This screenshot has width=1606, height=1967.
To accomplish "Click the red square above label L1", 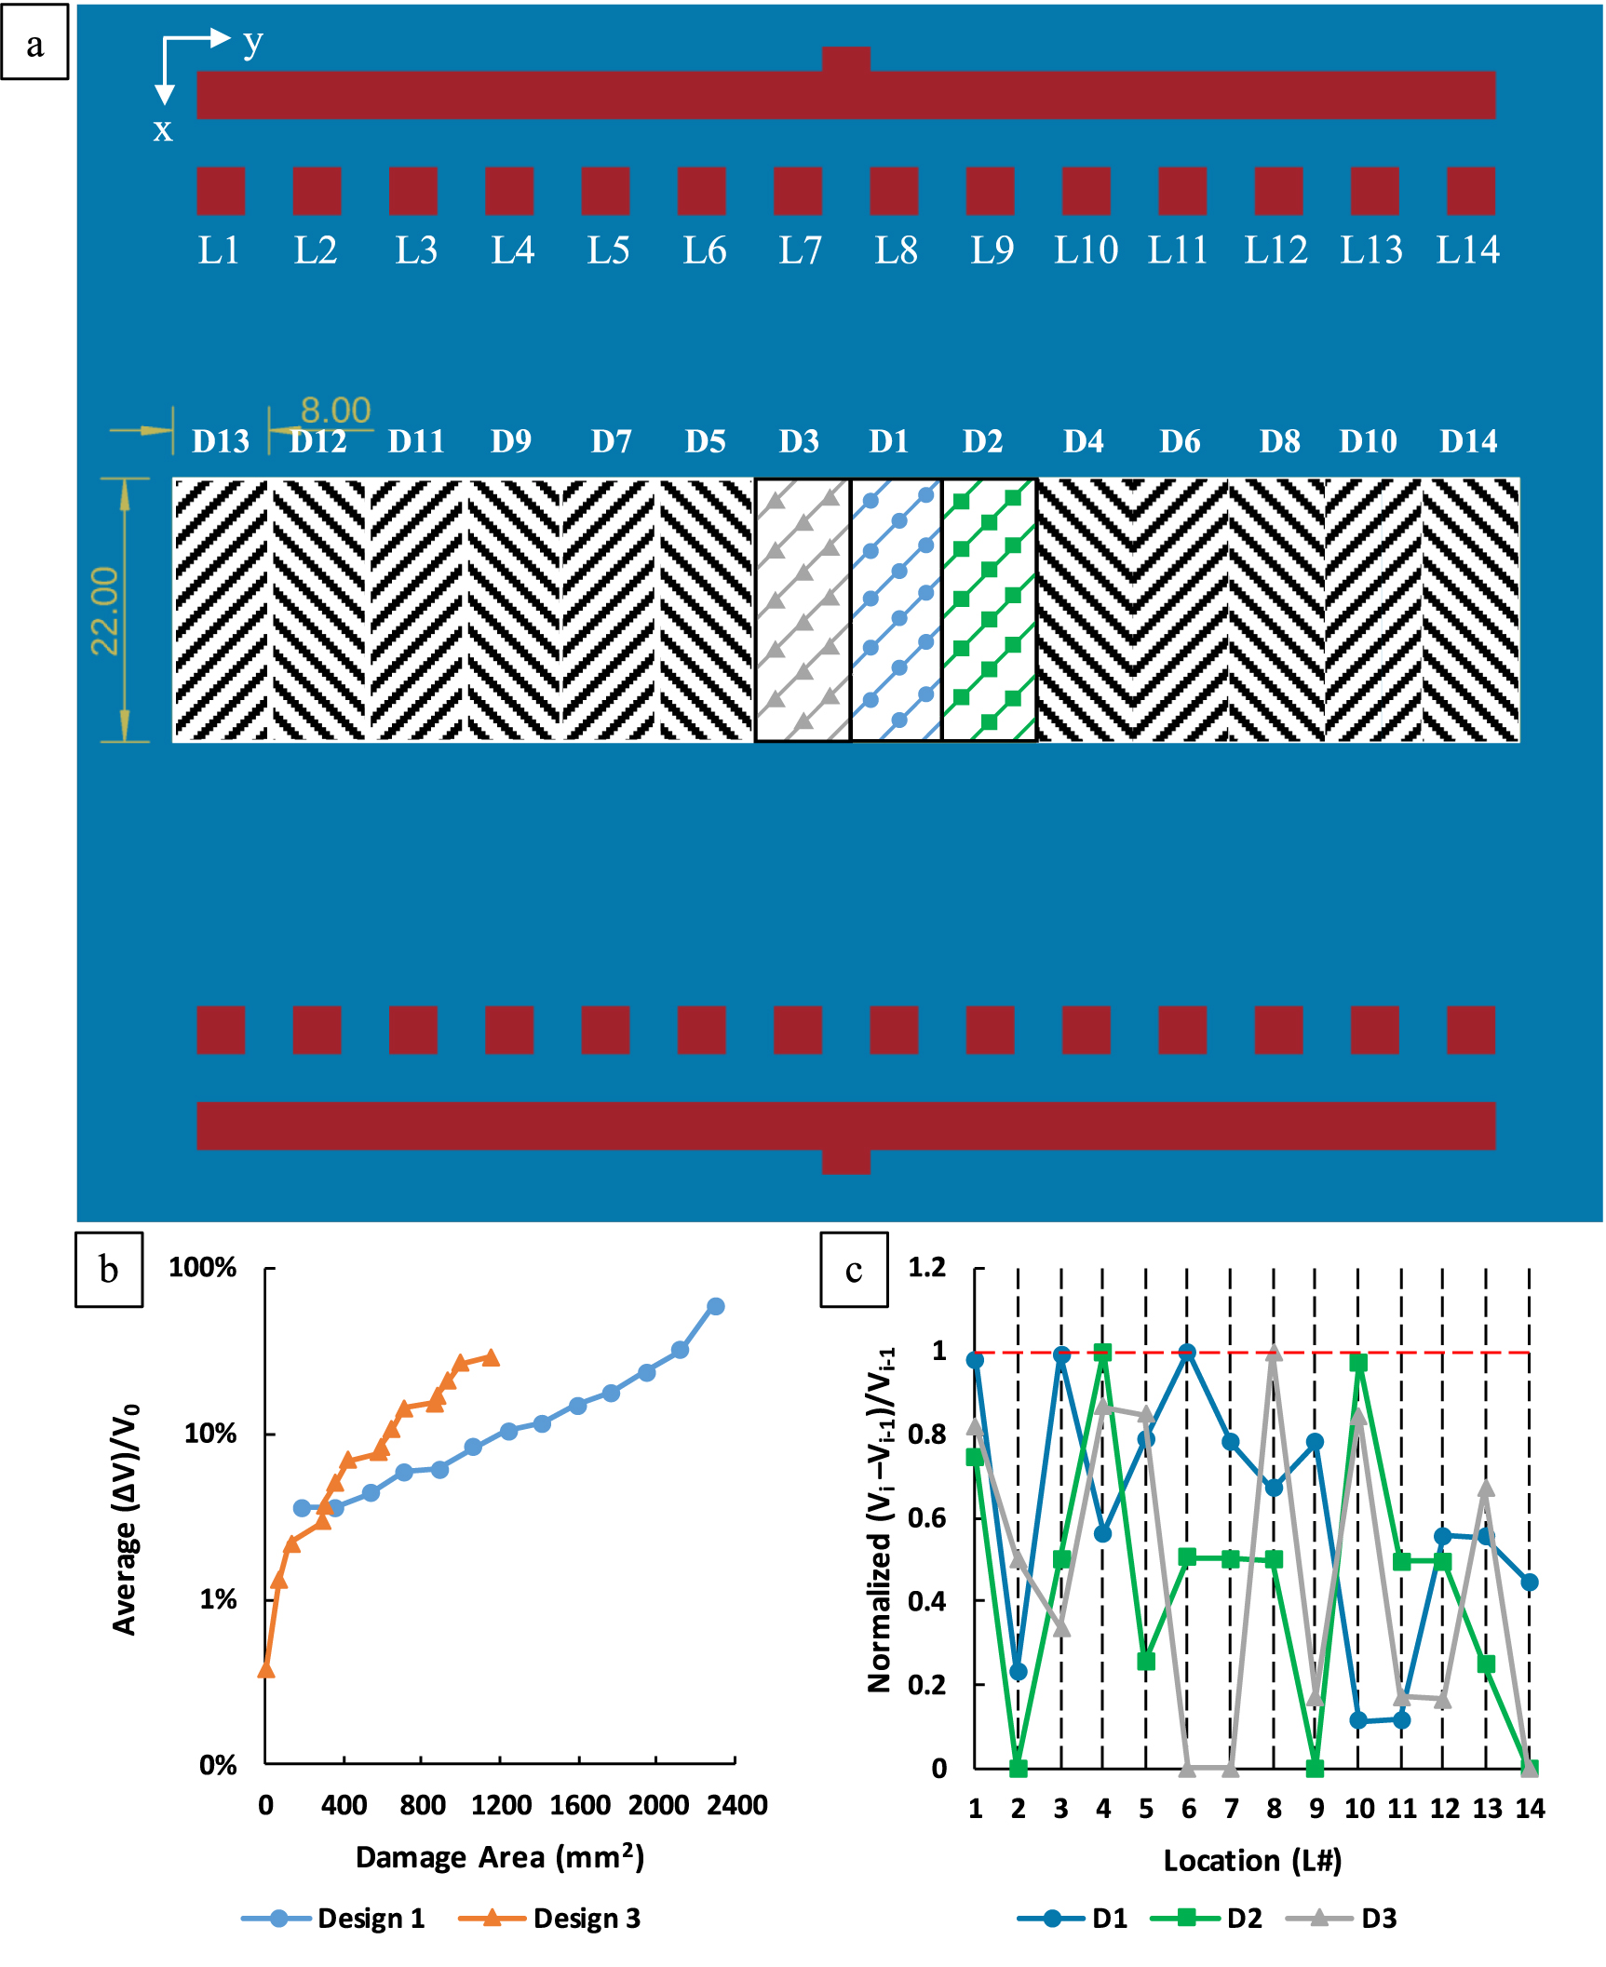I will pos(221,191).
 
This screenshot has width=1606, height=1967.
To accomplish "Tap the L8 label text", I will pos(896,249).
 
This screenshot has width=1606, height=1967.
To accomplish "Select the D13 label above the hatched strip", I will pos(221,441).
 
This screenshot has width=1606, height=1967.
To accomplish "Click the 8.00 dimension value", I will pos(335,410).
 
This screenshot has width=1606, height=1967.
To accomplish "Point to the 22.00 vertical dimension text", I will pos(105,611).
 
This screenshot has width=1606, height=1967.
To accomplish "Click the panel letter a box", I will pos(34,43).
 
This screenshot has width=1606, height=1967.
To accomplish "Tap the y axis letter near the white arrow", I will pos(252,42).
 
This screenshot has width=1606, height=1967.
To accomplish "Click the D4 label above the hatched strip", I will pos(1084,441).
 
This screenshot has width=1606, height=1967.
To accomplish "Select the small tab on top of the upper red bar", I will pos(845,59).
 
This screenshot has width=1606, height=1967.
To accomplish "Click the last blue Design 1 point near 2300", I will pos(715,1306).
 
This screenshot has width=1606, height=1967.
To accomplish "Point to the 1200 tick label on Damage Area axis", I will pos(501,1805).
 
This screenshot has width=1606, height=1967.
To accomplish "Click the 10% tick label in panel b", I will pos(210,1434).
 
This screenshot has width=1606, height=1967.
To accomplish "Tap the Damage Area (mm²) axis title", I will pos(500,1857).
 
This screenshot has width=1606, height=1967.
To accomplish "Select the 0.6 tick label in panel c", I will pos(926,1517).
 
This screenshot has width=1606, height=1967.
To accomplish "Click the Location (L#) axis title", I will pos(1252,1860).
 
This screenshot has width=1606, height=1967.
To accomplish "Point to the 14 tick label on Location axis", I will pos(1530,1809).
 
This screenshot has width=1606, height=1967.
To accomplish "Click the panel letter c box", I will pos(854,1270).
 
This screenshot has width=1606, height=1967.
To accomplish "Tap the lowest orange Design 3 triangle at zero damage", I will pos(265,1668).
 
